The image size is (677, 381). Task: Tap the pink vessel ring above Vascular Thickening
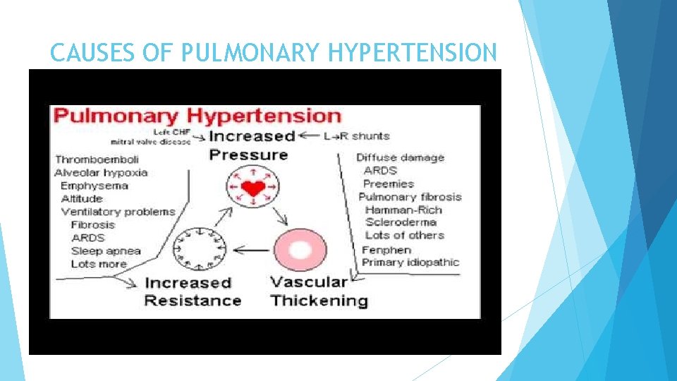(x=300, y=250)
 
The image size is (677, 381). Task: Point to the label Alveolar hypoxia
(x=100, y=173)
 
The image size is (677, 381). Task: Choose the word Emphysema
(x=94, y=186)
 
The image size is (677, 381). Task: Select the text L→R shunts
(x=356, y=135)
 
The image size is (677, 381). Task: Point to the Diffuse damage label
(x=401, y=157)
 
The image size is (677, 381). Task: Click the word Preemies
(x=388, y=183)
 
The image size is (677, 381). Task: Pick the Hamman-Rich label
(x=404, y=210)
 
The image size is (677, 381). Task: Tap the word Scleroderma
(x=401, y=222)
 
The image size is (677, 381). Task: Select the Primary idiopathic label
(x=410, y=262)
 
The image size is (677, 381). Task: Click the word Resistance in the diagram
(x=193, y=301)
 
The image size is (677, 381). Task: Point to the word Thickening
(x=319, y=301)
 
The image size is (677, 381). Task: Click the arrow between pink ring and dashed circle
(x=252, y=249)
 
